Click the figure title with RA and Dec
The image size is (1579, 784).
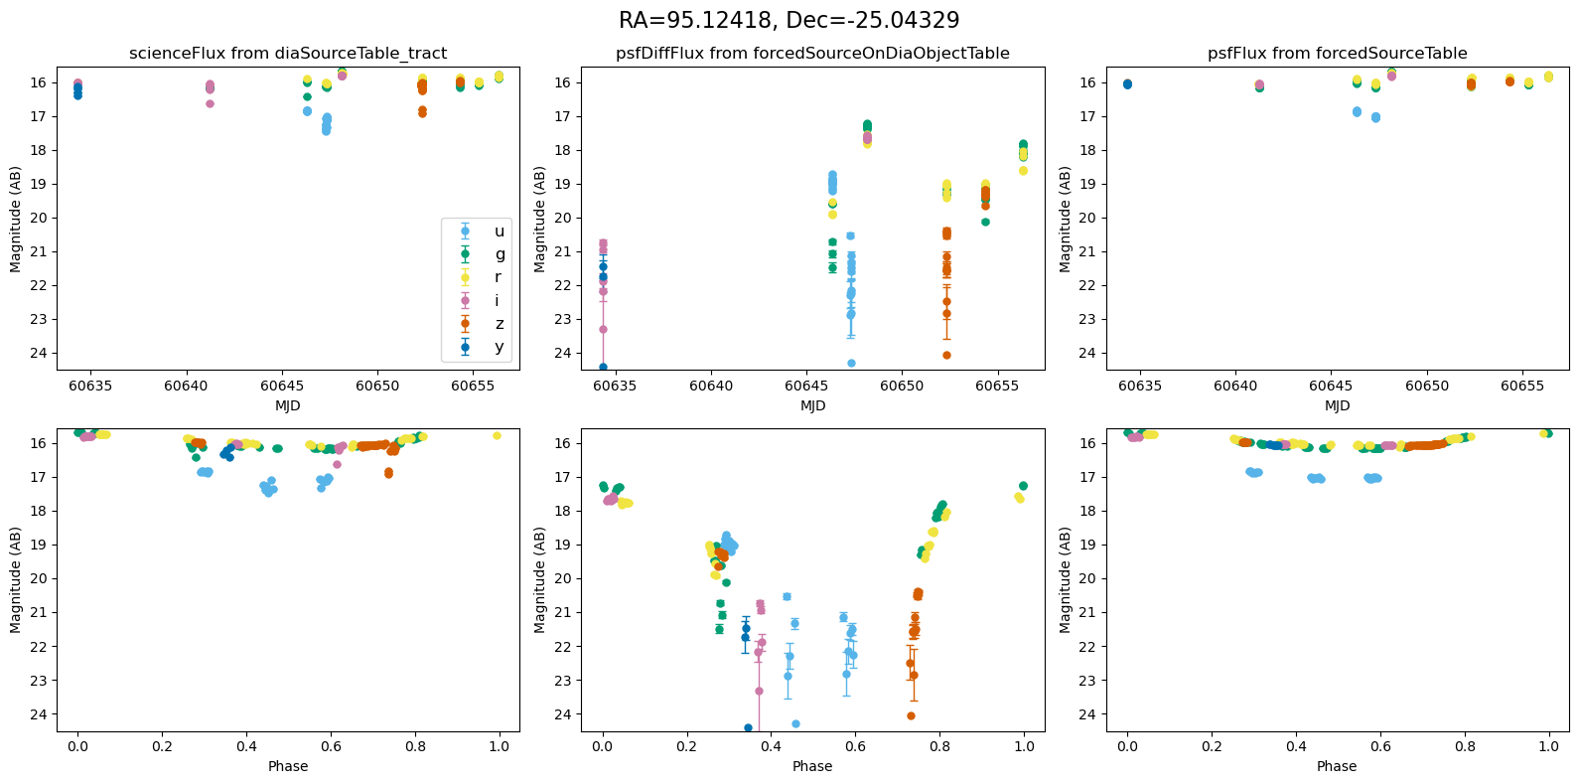click(x=789, y=21)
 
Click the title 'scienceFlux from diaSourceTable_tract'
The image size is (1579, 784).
click(x=288, y=54)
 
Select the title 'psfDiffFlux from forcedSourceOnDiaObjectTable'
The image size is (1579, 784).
click(x=812, y=54)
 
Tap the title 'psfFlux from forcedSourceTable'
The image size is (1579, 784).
click(x=1337, y=54)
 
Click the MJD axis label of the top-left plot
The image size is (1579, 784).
click(x=288, y=405)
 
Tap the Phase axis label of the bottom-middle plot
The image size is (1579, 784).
click(x=812, y=766)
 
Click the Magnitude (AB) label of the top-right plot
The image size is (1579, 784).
click(x=1066, y=219)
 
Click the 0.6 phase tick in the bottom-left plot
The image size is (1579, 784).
click(x=331, y=746)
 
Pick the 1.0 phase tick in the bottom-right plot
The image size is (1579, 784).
click(x=1548, y=746)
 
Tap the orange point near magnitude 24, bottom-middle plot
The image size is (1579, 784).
click(x=911, y=715)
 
